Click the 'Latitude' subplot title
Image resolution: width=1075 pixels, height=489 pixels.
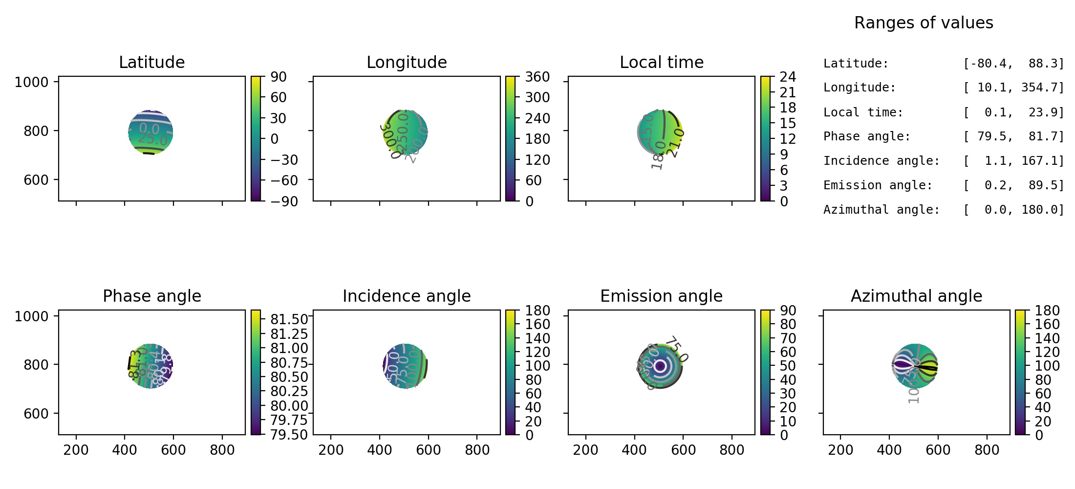click(x=151, y=63)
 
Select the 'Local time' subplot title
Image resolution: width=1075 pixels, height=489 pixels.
click(x=661, y=63)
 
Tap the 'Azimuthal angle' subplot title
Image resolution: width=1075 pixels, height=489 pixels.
click(x=916, y=296)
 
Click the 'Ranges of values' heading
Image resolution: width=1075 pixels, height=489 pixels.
click(x=924, y=23)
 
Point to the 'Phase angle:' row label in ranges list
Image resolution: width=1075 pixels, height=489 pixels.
click(x=867, y=136)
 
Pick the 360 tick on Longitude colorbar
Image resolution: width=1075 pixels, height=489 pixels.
click(x=537, y=77)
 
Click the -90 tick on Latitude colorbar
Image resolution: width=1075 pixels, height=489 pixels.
click(x=281, y=201)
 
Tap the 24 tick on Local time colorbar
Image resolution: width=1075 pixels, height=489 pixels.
click(x=788, y=77)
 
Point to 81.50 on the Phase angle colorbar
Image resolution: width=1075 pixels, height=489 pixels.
click(x=289, y=319)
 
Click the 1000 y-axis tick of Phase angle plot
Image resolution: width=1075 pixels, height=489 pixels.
click(x=32, y=316)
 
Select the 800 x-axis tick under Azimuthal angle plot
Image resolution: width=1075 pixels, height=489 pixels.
click(x=987, y=450)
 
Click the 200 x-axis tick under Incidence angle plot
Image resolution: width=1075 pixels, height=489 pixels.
click(x=331, y=450)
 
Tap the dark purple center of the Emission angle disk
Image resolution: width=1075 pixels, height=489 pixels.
click(x=660, y=366)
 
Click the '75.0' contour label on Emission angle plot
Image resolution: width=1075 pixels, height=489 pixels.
click(x=677, y=349)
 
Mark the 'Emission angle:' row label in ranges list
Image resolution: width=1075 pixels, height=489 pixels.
click(x=878, y=185)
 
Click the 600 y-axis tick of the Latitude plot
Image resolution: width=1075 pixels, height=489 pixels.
click(x=36, y=180)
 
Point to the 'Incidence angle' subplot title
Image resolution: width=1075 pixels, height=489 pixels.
click(x=407, y=296)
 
